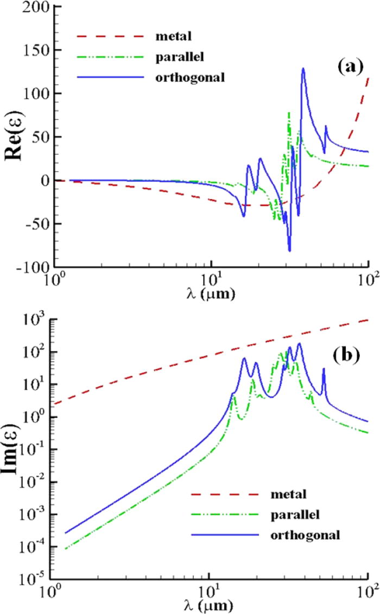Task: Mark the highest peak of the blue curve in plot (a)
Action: [x=303, y=69]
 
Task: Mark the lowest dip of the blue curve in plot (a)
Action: [x=289, y=251]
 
